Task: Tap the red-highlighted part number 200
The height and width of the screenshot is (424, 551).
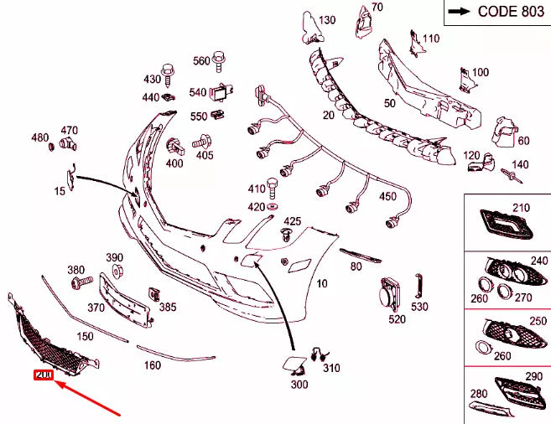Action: pos(43,375)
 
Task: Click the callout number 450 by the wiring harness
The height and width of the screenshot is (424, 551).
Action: pos(387,196)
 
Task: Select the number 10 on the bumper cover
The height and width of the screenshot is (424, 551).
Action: pos(322,284)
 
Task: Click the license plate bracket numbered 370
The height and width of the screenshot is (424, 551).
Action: pos(124,300)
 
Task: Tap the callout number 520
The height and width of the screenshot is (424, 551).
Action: pos(397,318)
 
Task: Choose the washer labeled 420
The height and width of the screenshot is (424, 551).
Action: pos(274,207)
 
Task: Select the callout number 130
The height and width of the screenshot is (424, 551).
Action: pos(326,20)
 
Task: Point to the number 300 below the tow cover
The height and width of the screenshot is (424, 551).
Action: pos(299,384)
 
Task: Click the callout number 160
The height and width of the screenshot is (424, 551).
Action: pos(152,365)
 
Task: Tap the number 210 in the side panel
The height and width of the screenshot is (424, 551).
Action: pos(522,207)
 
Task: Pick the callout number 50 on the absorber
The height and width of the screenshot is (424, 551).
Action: pos(389,103)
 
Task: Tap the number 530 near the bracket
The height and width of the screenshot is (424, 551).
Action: pos(419,308)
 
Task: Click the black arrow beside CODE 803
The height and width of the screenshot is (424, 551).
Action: pos(460,12)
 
